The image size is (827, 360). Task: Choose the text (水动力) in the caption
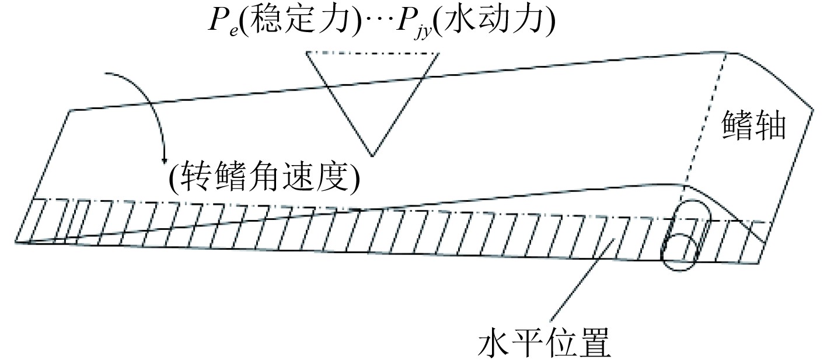point(497,23)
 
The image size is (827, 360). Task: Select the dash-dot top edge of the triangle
point(372,53)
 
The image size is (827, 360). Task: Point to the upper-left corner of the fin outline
point(70,110)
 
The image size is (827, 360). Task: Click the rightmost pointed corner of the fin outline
point(813,109)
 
